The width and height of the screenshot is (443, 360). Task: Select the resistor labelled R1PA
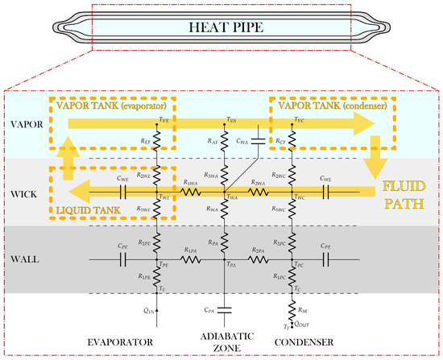tap(191, 259)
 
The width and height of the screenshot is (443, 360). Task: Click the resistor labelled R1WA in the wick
tap(191, 192)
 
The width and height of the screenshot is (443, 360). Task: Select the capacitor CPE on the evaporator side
tap(123, 259)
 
